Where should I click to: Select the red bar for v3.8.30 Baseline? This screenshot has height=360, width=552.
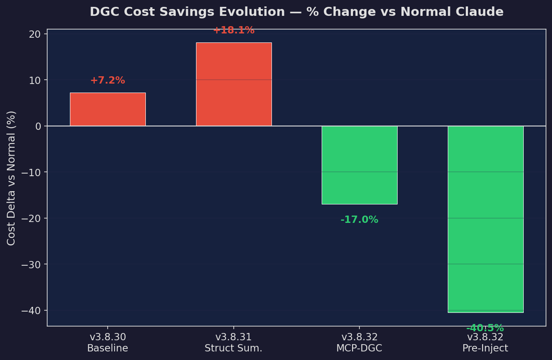[x=108, y=109]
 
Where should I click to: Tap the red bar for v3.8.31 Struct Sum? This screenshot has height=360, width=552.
[x=234, y=84]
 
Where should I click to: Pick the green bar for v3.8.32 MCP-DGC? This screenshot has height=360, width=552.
[x=359, y=165]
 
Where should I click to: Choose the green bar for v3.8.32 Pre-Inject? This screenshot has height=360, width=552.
[x=486, y=219]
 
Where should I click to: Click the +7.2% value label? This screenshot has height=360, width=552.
[x=108, y=81]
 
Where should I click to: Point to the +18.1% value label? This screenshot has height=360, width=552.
[x=234, y=30]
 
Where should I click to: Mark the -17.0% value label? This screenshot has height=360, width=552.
[x=359, y=220]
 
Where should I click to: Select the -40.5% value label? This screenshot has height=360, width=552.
[x=485, y=328]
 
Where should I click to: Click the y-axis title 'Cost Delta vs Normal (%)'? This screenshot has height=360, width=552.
[x=12, y=178]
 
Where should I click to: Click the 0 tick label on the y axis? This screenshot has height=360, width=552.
[x=39, y=126]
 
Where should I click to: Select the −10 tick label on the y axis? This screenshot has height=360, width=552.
[x=31, y=172]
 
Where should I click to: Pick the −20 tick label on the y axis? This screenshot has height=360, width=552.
[x=31, y=219]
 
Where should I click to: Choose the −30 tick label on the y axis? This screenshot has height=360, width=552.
[x=31, y=264]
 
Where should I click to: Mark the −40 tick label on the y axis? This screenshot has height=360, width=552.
[x=31, y=310]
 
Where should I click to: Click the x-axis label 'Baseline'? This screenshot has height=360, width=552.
[x=108, y=348]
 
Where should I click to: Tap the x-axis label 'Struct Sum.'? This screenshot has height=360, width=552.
[x=233, y=348]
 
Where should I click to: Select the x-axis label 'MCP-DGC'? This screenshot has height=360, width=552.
[x=359, y=348]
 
